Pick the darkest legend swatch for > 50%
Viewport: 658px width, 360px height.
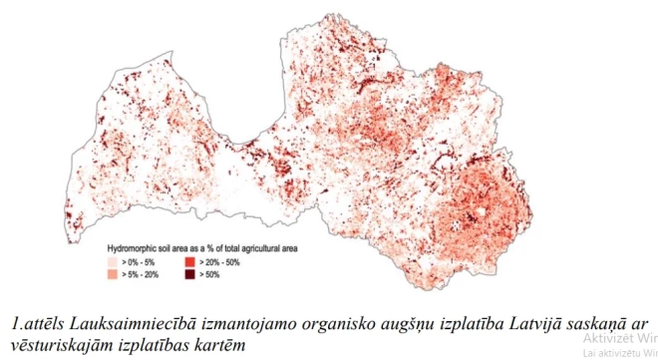pos(189,272)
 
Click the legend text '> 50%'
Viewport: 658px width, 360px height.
pos(210,272)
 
